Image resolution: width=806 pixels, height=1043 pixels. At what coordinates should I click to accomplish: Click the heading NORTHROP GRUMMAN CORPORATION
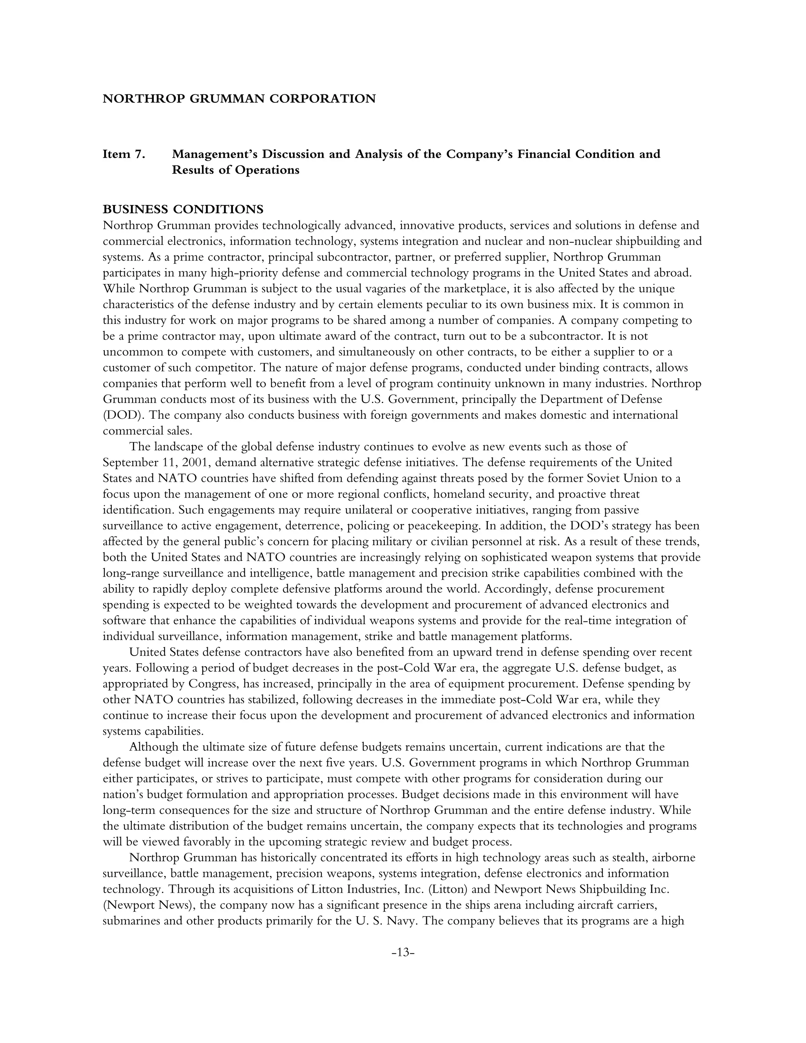click(239, 99)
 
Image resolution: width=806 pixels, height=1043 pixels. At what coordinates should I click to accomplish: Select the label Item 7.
click(124, 154)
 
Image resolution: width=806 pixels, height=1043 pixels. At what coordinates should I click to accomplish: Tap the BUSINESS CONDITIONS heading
click(183, 209)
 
